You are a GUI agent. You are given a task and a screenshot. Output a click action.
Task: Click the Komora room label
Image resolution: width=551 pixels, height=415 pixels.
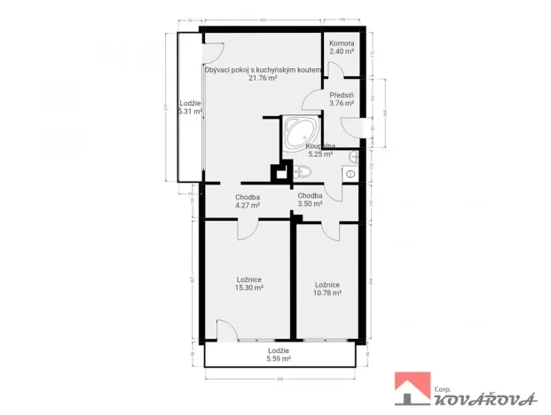(x=342, y=43)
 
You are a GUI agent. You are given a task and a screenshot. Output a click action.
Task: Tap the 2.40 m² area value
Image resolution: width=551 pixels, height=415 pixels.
(x=342, y=52)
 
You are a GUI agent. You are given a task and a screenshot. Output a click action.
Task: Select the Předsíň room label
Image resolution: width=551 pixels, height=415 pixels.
(x=342, y=95)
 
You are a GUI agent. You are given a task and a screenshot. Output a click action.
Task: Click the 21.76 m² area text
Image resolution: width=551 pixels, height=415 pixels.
(x=261, y=78)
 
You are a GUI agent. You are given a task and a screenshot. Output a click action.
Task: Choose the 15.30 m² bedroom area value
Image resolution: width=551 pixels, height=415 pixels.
(x=248, y=287)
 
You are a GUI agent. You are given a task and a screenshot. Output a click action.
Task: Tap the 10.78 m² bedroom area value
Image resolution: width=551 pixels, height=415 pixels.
(x=327, y=293)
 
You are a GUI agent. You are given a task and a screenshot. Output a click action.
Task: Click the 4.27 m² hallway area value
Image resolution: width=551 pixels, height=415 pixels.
(x=248, y=206)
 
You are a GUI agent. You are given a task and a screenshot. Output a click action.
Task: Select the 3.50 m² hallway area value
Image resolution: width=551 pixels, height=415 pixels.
(x=310, y=204)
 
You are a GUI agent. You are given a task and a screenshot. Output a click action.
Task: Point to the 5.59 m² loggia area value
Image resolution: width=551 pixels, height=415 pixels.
(x=279, y=358)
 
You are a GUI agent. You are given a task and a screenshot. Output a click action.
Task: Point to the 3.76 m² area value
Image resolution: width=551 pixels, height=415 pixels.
(x=342, y=104)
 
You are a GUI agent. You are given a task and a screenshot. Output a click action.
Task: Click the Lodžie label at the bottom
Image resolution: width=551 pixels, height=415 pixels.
(x=279, y=350)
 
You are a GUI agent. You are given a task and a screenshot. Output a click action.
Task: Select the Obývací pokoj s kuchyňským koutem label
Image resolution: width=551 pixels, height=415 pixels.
(x=262, y=69)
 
